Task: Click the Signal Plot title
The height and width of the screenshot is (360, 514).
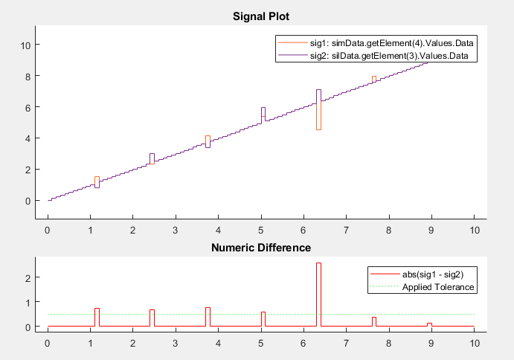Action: [x=257, y=16]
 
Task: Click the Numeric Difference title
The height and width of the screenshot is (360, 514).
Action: [x=257, y=248]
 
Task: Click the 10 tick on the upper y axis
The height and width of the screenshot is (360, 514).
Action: [x=25, y=45]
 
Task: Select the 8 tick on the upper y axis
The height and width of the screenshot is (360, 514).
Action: [x=26, y=76]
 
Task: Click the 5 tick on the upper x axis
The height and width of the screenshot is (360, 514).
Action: [x=260, y=230]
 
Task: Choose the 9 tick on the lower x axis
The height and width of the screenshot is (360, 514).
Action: [x=431, y=344]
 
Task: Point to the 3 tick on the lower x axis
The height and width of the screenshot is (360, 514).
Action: [x=176, y=344]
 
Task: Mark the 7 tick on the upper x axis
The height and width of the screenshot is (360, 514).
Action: [x=346, y=230]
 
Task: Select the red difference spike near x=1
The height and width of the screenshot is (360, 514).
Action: [x=97, y=317]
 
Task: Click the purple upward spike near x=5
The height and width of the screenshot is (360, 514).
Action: [x=263, y=112]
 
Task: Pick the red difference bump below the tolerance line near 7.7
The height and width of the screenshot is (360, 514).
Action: [x=374, y=321]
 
